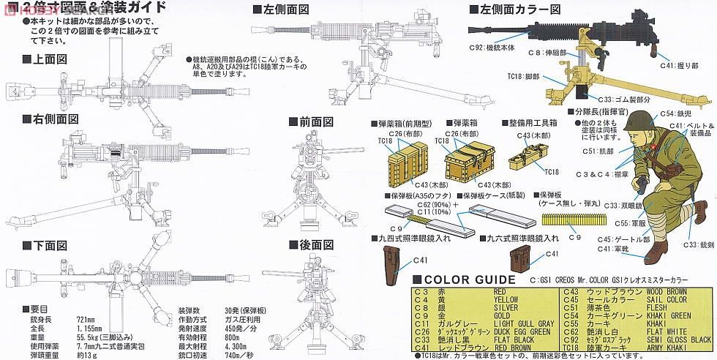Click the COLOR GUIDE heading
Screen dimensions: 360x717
460,279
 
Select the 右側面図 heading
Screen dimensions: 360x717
50,119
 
